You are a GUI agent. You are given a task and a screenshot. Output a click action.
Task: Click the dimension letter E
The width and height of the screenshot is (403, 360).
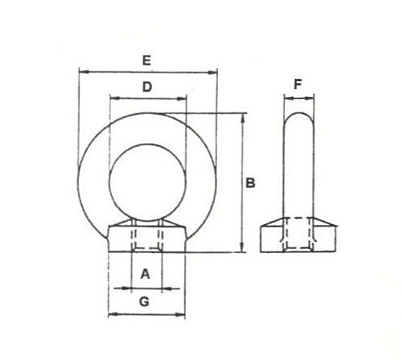click(146, 60)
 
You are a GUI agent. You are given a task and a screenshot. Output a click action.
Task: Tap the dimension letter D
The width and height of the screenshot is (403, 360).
click(147, 87)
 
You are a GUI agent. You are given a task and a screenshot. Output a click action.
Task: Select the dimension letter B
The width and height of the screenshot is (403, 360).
click(250, 183)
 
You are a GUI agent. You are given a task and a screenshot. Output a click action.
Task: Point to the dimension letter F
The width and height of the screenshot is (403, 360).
click(298, 84)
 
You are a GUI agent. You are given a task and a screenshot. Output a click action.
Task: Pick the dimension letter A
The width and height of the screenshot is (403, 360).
click(145, 274)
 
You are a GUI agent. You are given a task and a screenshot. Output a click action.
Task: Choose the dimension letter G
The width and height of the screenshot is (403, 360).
click(144, 302)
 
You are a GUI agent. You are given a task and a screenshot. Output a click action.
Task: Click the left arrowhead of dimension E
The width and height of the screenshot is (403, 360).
click(84, 72)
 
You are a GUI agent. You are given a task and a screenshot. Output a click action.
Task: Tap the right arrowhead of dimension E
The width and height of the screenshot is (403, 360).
click(212, 72)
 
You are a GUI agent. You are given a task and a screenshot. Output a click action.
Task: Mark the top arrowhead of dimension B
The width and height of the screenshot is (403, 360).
click(243, 118)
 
